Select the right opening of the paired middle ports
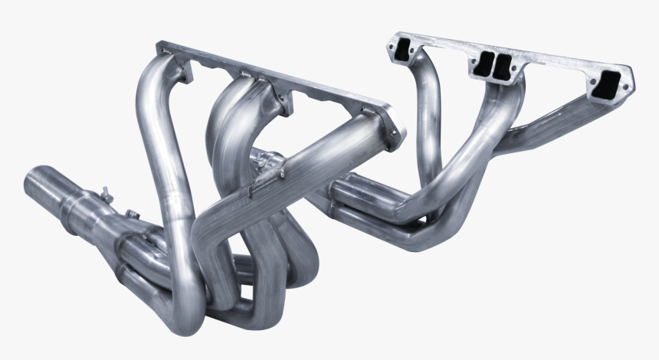(x=504, y=67)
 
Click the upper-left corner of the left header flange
(x=160, y=49)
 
